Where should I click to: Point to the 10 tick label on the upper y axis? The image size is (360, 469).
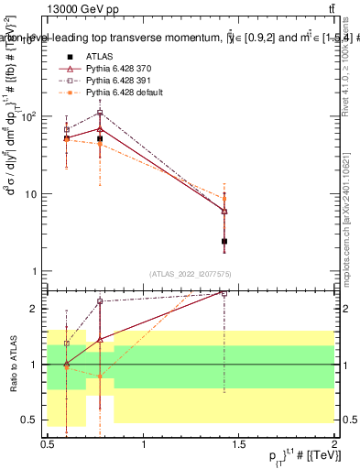[33, 194]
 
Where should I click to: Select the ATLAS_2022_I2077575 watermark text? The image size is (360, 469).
[191, 274]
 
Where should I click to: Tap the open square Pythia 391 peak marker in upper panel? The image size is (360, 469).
[100, 113]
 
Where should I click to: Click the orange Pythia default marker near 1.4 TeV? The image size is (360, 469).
[224, 198]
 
